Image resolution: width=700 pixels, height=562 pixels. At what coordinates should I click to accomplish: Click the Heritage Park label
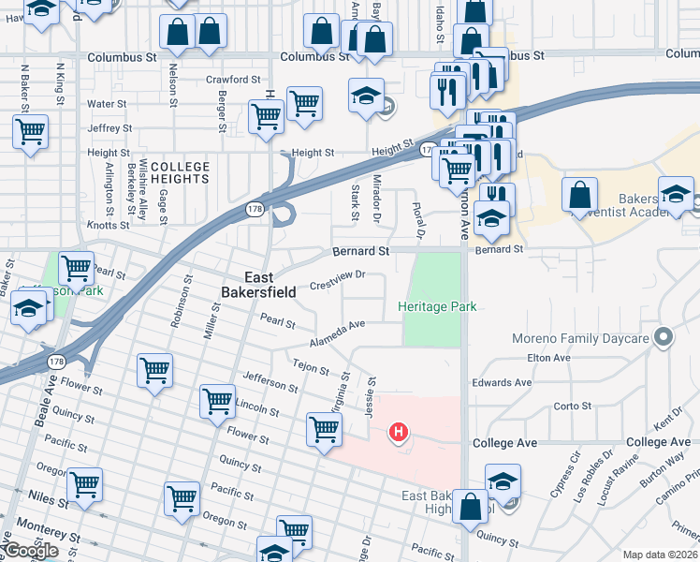point(437,306)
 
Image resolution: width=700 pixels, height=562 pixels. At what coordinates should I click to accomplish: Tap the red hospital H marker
point(399,432)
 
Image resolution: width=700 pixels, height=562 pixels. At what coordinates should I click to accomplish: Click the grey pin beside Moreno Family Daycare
point(664,335)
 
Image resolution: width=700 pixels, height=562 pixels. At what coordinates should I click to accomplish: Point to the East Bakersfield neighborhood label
point(270,285)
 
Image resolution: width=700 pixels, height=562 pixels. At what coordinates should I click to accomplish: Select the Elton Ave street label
point(549,358)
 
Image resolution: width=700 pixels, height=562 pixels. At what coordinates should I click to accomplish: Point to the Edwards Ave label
point(502,382)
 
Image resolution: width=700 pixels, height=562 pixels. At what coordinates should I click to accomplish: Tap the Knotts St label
point(108,226)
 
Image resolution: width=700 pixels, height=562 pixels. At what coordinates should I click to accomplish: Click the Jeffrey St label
point(109,128)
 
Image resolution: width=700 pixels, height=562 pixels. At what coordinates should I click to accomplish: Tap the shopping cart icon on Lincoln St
point(217,401)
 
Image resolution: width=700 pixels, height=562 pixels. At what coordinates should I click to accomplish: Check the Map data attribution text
point(661,555)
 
